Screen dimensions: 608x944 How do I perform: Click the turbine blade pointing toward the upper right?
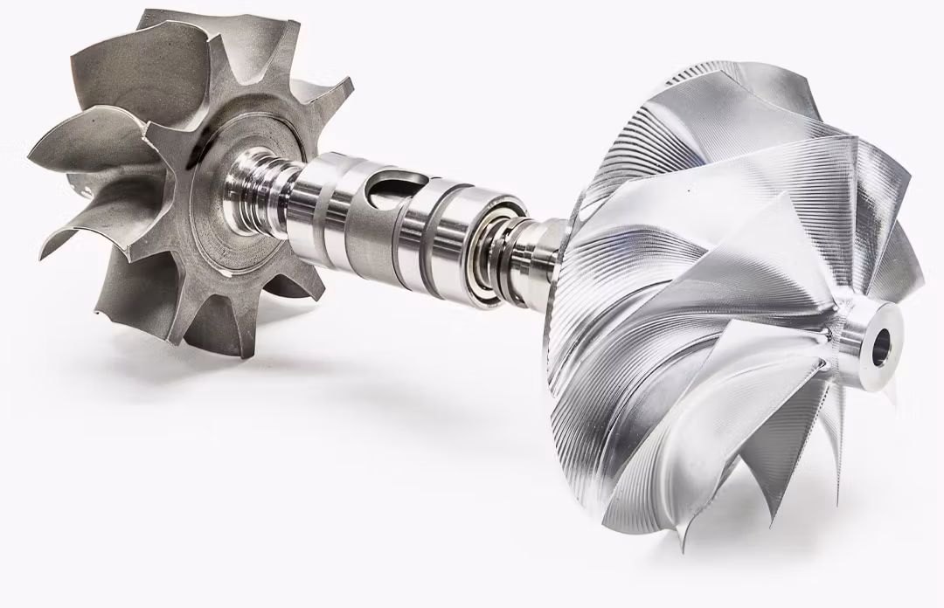point(323,96)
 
